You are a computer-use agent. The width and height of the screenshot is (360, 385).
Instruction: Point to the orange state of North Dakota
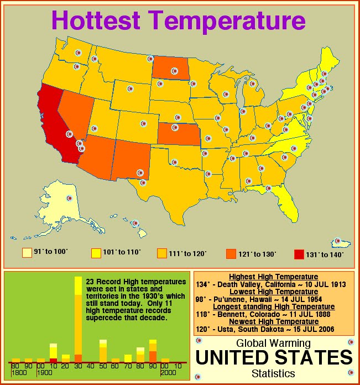[x=169, y=69]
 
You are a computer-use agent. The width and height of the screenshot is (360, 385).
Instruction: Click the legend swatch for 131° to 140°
[x=299, y=254]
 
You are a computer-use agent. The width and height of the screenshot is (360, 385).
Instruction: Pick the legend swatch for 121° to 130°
[x=231, y=254]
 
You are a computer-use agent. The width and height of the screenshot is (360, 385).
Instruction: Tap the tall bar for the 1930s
[x=78, y=321]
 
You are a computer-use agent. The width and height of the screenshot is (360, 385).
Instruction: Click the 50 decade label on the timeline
[x=103, y=366]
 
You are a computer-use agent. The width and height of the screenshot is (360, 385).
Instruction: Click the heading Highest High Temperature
[x=274, y=277]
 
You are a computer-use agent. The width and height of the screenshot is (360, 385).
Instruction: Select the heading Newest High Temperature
[x=274, y=321]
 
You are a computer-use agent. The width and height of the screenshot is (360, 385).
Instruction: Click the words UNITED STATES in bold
[x=274, y=357]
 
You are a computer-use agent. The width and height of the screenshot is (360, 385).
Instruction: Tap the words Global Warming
[x=274, y=343]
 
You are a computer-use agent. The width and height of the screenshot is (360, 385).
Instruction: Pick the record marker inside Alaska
[x=70, y=198]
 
